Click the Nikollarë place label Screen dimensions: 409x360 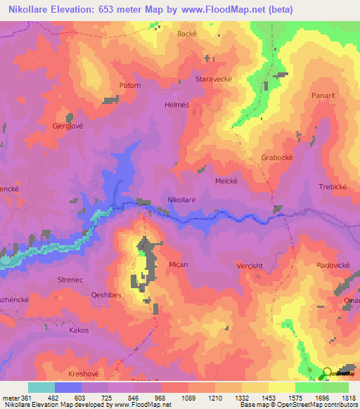tap(182, 200)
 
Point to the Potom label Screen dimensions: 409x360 tap(130, 86)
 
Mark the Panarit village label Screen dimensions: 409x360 tap(326, 94)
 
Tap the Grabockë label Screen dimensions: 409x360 tap(277, 157)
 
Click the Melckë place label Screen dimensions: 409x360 tap(226, 181)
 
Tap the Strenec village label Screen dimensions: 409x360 tap(70, 280)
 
